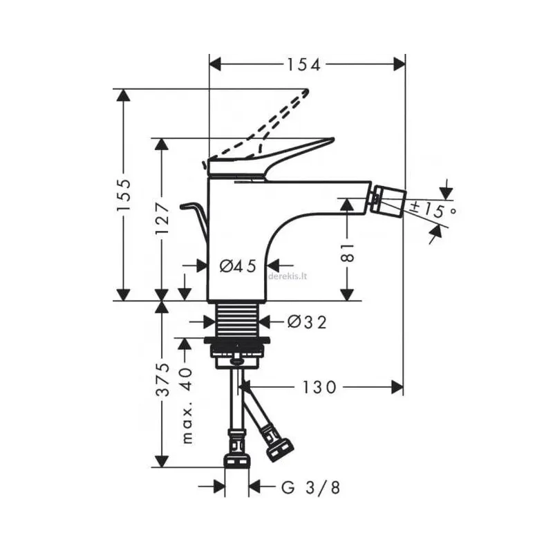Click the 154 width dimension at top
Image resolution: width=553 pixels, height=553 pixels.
click(304, 64)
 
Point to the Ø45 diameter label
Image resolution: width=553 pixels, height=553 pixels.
click(238, 265)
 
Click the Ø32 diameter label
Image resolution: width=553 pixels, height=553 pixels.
click(306, 321)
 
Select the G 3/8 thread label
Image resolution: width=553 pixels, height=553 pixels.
click(311, 488)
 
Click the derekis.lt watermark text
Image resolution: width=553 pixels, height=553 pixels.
click(287, 275)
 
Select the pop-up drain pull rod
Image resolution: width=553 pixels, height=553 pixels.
click(194, 211)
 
